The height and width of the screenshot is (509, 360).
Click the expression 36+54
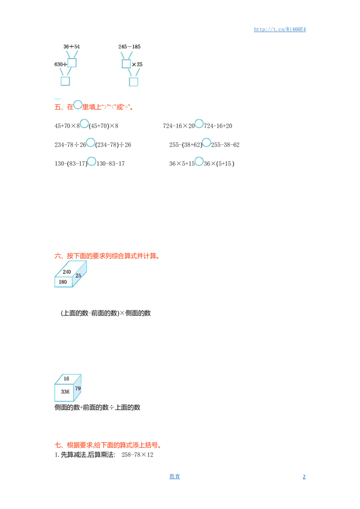click(x=72, y=47)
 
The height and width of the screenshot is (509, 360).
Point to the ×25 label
click(x=137, y=64)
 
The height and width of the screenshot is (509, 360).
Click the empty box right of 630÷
click(x=72, y=63)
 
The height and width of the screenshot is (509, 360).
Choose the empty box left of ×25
click(x=126, y=64)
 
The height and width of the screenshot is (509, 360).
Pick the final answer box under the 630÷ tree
click(x=65, y=81)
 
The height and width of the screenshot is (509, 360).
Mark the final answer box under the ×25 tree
click(x=134, y=81)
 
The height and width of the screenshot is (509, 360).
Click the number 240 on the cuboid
click(x=67, y=272)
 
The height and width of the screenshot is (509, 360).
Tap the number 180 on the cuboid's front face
click(x=63, y=282)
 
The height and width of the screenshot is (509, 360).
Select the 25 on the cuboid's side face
click(x=78, y=276)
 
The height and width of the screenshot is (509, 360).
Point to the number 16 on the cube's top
click(x=66, y=379)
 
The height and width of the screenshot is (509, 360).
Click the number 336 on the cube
click(x=65, y=392)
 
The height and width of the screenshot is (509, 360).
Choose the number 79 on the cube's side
click(x=78, y=388)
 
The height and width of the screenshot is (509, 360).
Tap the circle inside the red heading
click(x=78, y=105)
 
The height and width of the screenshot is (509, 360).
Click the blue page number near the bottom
click(x=174, y=476)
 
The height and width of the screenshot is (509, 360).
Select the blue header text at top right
click(x=279, y=30)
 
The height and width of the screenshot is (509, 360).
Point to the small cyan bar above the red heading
click(x=58, y=99)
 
